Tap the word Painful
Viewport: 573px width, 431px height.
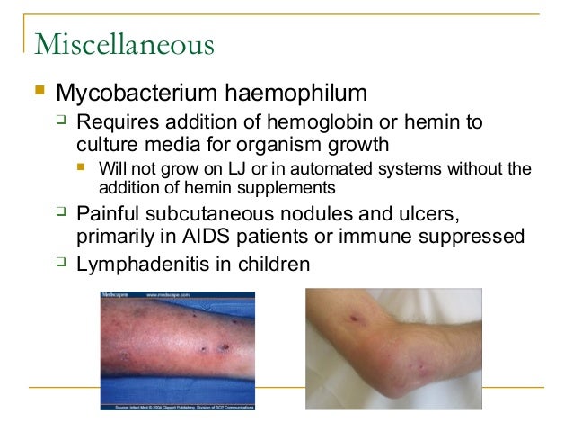coord(112,214)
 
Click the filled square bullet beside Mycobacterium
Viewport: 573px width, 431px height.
coord(38,91)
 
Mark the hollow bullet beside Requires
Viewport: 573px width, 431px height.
coord(61,121)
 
